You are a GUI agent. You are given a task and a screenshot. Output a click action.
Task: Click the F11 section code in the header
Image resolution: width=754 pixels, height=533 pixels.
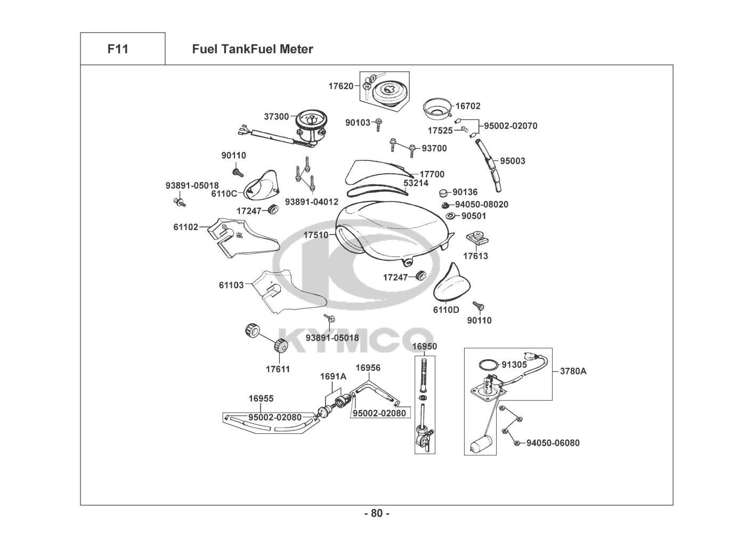tap(118, 49)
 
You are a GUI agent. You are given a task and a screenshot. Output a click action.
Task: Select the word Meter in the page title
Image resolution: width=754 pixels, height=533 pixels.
tap(297, 49)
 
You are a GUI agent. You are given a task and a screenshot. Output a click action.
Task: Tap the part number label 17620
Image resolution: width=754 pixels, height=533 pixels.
tap(341, 86)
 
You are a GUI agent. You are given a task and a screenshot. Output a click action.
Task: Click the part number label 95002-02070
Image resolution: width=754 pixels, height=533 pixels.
tap(510, 126)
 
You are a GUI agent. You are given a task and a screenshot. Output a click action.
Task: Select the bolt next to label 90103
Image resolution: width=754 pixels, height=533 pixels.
tap(378, 124)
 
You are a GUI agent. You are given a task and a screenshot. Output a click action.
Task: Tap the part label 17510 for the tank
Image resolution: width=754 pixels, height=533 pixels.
tap(316, 235)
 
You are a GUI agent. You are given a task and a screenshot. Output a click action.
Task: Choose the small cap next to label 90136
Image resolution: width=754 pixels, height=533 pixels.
tap(444, 193)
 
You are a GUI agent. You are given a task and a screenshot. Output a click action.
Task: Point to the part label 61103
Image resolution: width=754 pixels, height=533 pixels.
tap(231, 285)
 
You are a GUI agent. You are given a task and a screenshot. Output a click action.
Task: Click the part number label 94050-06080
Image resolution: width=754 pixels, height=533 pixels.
tap(553, 443)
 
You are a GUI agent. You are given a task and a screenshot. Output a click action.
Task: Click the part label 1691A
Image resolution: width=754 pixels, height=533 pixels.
tap(333, 376)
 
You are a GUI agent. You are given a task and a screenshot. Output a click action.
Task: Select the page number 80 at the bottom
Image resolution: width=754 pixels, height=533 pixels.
tap(377, 513)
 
